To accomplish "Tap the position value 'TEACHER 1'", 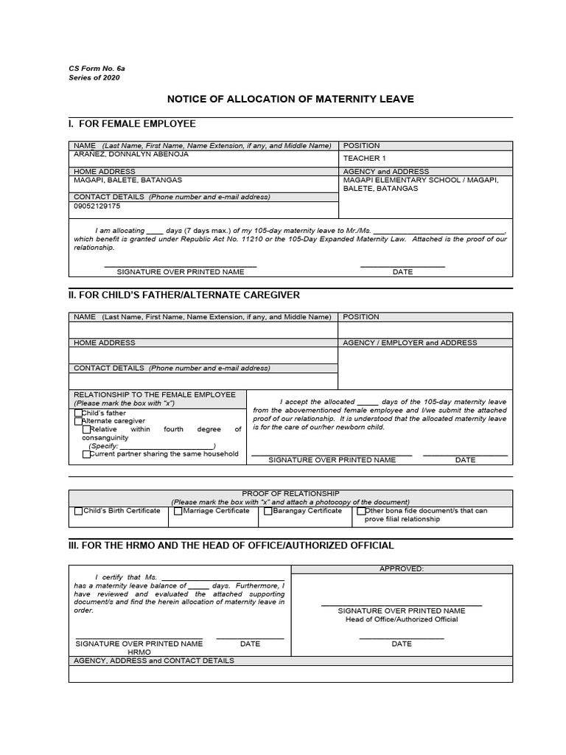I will (364, 159).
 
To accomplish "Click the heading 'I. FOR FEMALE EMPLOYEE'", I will (132, 124).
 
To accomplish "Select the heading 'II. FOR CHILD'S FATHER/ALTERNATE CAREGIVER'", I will (184, 295).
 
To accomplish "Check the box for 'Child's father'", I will (79, 414).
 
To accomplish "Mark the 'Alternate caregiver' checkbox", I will (79, 421).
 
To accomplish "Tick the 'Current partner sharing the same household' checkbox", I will (87, 454).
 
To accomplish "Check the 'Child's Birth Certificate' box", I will (79, 511).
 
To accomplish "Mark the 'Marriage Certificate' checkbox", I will (178, 511).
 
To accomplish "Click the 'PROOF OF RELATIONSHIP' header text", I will (290, 493).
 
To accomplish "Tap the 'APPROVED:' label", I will (402, 568).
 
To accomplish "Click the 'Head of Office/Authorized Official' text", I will (402, 619).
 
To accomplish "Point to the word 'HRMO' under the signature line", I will (139, 652).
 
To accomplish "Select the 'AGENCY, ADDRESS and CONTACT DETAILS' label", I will (153, 661).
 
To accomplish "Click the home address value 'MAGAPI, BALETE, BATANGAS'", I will (128, 180).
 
